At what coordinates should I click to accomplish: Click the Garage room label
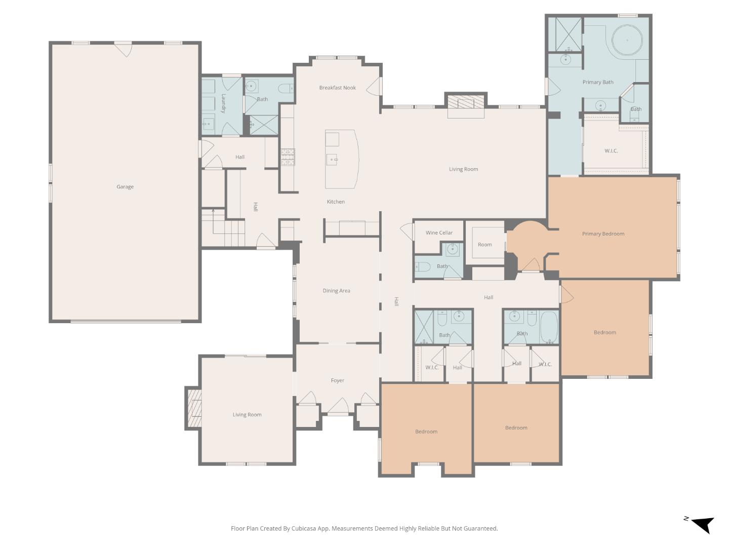click(x=125, y=187)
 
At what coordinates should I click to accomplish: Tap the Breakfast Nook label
click(x=337, y=88)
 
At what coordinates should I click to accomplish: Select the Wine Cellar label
click(x=439, y=233)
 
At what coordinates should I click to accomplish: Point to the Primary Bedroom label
click(x=603, y=234)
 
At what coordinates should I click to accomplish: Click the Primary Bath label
click(x=597, y=82)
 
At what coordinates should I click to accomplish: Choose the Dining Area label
click(x=336, y=291)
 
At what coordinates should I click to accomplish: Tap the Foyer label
click(x=337, y=380)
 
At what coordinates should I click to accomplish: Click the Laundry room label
click(x=223, y=103)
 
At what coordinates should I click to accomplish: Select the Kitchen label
click(x=335, y=202)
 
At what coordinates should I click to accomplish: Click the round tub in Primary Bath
click(x=627, y=40)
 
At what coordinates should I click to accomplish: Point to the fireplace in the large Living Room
click(x=465, y=104)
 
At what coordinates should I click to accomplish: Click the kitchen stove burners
click(x=288, y=157)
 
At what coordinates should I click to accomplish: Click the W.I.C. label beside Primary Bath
click(x=611, y=151)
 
